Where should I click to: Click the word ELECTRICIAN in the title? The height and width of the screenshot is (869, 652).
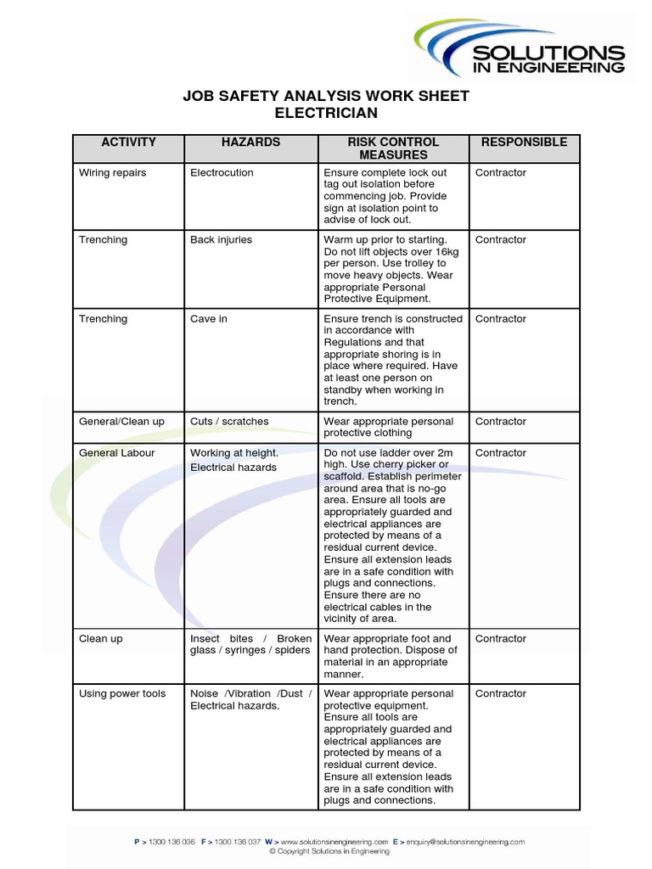pos(327,113)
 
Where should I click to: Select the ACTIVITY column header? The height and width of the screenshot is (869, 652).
pos(128,143)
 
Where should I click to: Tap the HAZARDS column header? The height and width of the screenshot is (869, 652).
pos(250,143)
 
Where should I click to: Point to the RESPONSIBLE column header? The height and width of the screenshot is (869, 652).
pos(524,143)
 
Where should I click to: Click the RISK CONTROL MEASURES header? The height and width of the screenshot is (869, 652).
pos(393,149)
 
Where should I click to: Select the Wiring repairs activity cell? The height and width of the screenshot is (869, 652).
pos(113,173)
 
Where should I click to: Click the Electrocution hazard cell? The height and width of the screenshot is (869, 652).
pos(222,173)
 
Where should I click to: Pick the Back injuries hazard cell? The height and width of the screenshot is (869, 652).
pos(221,240)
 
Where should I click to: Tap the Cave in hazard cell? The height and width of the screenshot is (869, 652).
pos(209,319)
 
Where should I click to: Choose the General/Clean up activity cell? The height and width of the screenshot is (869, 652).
pos(121,422)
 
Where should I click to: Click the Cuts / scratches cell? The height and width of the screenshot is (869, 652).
pos(229,422)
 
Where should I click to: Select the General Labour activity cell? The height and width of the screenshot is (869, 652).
pos(117,453)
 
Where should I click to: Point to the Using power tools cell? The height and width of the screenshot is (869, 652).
pos(122,694)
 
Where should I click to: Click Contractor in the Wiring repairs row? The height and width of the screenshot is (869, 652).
pos(501,173)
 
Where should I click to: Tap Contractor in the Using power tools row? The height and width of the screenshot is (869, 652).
pos(501,694)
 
